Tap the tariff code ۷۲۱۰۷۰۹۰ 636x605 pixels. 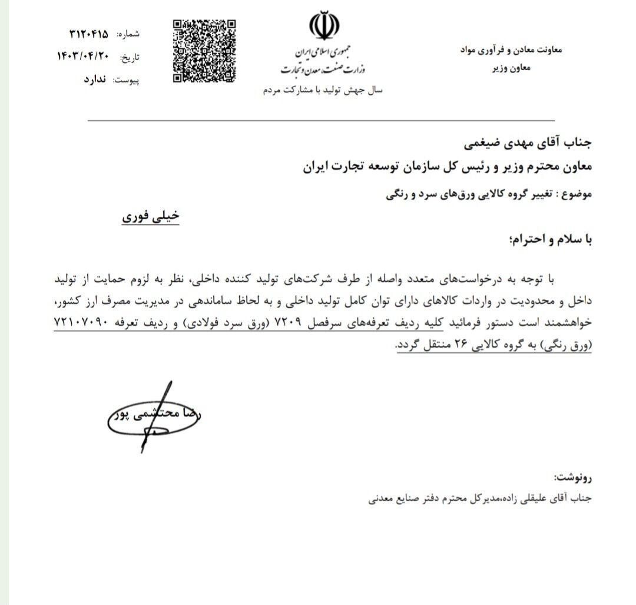[81, 323]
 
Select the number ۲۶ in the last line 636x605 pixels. [460, 345]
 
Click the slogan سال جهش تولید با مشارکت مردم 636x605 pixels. [322, 91]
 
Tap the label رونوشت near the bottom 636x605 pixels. [572, 475]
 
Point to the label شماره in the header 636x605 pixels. [130, 35]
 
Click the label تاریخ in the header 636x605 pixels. [131, 57]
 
